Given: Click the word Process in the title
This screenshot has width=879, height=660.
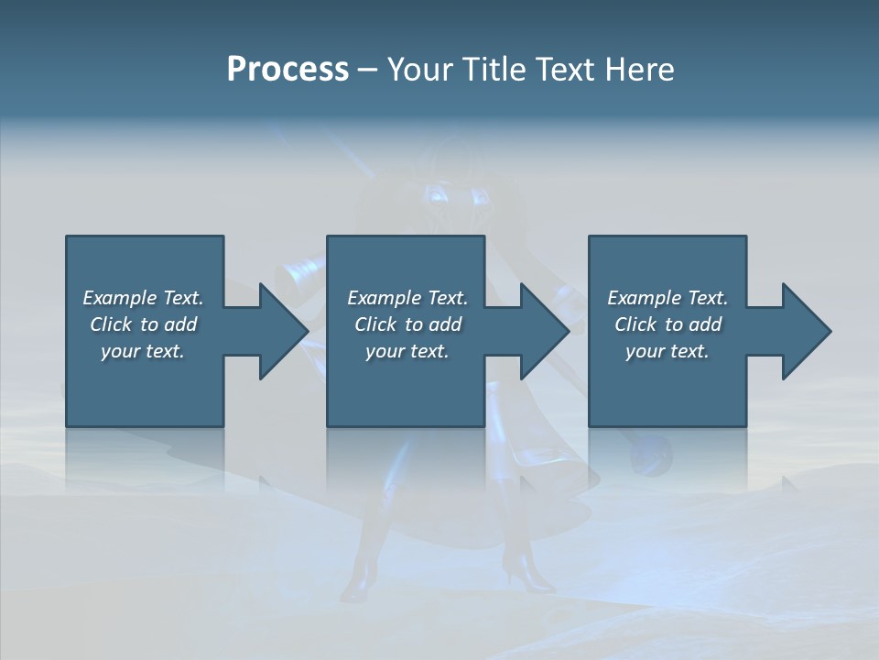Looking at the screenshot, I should (288, 70).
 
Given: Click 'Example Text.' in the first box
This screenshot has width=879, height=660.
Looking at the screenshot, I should (143, 298).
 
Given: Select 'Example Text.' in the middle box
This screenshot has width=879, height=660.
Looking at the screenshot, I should (407, 298).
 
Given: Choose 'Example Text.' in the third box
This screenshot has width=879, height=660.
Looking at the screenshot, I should (667, 298).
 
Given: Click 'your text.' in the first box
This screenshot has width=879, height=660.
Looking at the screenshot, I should (143, 351).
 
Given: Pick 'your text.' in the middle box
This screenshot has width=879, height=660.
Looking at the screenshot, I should (407, 351).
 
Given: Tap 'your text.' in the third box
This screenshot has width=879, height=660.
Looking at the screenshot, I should (667, 351).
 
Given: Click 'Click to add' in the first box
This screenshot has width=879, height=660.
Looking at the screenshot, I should (143, 324).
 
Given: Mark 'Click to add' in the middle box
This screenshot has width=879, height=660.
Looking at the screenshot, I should (407, 324).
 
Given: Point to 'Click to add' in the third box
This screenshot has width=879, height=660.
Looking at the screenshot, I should (667, 324).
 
